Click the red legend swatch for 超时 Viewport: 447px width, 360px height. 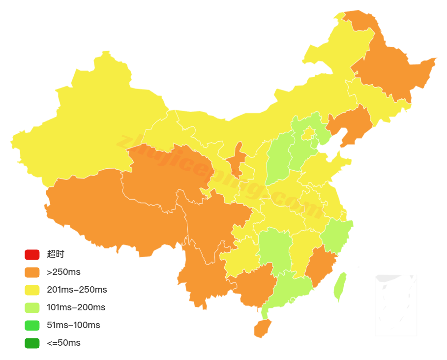(x=32, y=254)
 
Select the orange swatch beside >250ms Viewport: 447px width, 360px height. (x=32, y=272)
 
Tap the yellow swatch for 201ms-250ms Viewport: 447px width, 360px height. (x=32, y=290)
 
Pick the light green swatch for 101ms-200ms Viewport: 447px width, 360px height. (x=32, y=307)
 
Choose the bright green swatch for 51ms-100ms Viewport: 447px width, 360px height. (x=32, y=325)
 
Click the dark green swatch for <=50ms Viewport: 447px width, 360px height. (x=32, y=343)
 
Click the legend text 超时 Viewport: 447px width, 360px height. (x=56, y=254)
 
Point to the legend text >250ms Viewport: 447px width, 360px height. (x=63, y=272)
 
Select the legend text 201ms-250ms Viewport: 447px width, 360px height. (x=77, y=290)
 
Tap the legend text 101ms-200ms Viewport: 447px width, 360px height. (x=76, y=307)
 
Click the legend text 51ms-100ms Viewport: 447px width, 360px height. (x=73, y=325)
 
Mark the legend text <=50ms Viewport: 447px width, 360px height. (x=63, y=343)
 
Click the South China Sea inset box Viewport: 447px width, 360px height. (x=395, y=305)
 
